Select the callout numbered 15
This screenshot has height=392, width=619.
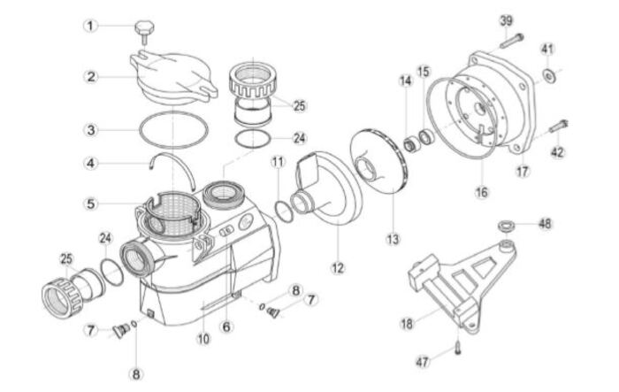(x=424, y=71)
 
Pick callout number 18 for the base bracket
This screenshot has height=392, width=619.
(x=406, y=325)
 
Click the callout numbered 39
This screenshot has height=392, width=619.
(x=506, y=20)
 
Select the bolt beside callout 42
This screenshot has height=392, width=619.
(x=560, y=131)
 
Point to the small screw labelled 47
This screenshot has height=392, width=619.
(x=460, y=345)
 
